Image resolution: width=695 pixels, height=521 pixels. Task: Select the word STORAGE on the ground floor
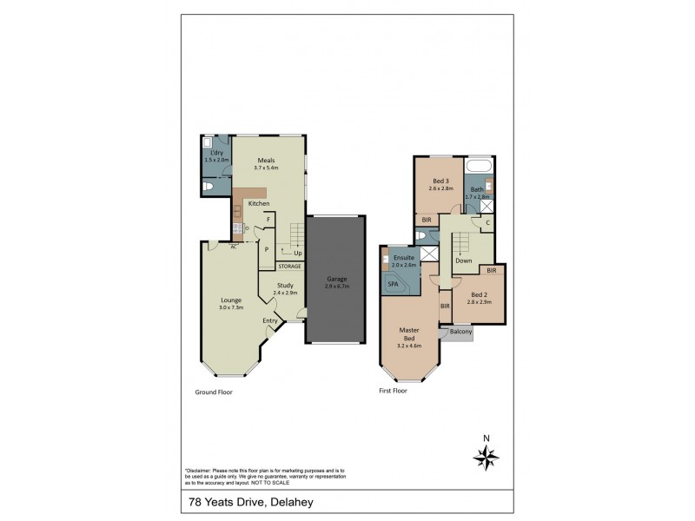289,266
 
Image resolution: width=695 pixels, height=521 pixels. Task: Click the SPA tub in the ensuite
394,284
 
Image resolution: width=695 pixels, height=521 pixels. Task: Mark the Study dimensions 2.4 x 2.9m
285,293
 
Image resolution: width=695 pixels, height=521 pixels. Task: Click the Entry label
270,320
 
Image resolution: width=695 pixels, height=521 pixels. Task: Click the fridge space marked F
268,220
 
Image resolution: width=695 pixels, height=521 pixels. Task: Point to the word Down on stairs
464,260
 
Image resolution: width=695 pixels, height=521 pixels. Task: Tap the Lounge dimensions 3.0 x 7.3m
230,307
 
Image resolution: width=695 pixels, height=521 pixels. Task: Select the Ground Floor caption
214,392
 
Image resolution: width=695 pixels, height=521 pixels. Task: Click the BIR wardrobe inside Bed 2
491,271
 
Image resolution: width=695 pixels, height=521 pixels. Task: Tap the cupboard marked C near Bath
487,222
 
